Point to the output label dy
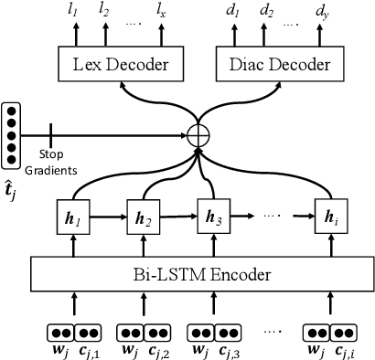coord(322,11)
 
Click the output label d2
coord(266,11)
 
